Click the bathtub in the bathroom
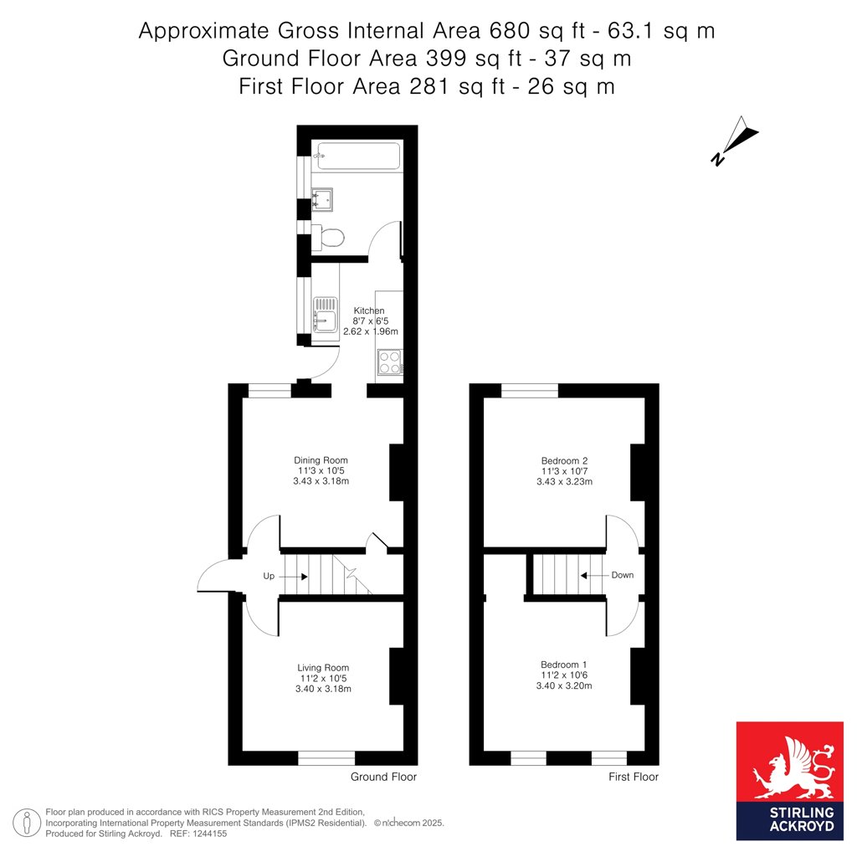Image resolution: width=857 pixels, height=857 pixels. coord(358,157)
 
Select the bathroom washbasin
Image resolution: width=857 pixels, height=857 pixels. coord(322,199)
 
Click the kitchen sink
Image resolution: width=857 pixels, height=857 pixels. coord(326,315)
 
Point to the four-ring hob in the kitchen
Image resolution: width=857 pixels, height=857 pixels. coord(390,362)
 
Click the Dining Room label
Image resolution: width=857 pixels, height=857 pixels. coord(321,460)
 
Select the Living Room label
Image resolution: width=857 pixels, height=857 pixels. coord(323,667)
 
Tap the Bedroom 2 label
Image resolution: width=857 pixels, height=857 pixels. coord(565,461)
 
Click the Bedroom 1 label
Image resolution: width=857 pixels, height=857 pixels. coord(563,665)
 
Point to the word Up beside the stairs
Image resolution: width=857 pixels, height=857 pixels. coord(269,576)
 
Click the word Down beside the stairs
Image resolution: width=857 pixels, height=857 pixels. coord(623,575)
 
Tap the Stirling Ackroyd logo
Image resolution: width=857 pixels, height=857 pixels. coord(790,781)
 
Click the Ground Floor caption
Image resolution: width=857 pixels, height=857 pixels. coord(383,777)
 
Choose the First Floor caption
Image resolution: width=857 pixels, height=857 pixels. coord(634,777)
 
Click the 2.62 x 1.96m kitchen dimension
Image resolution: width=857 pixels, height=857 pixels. coord(371,331)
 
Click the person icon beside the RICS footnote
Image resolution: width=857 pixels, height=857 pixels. coord(27,823)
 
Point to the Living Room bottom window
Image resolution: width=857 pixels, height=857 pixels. coord(326,758)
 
